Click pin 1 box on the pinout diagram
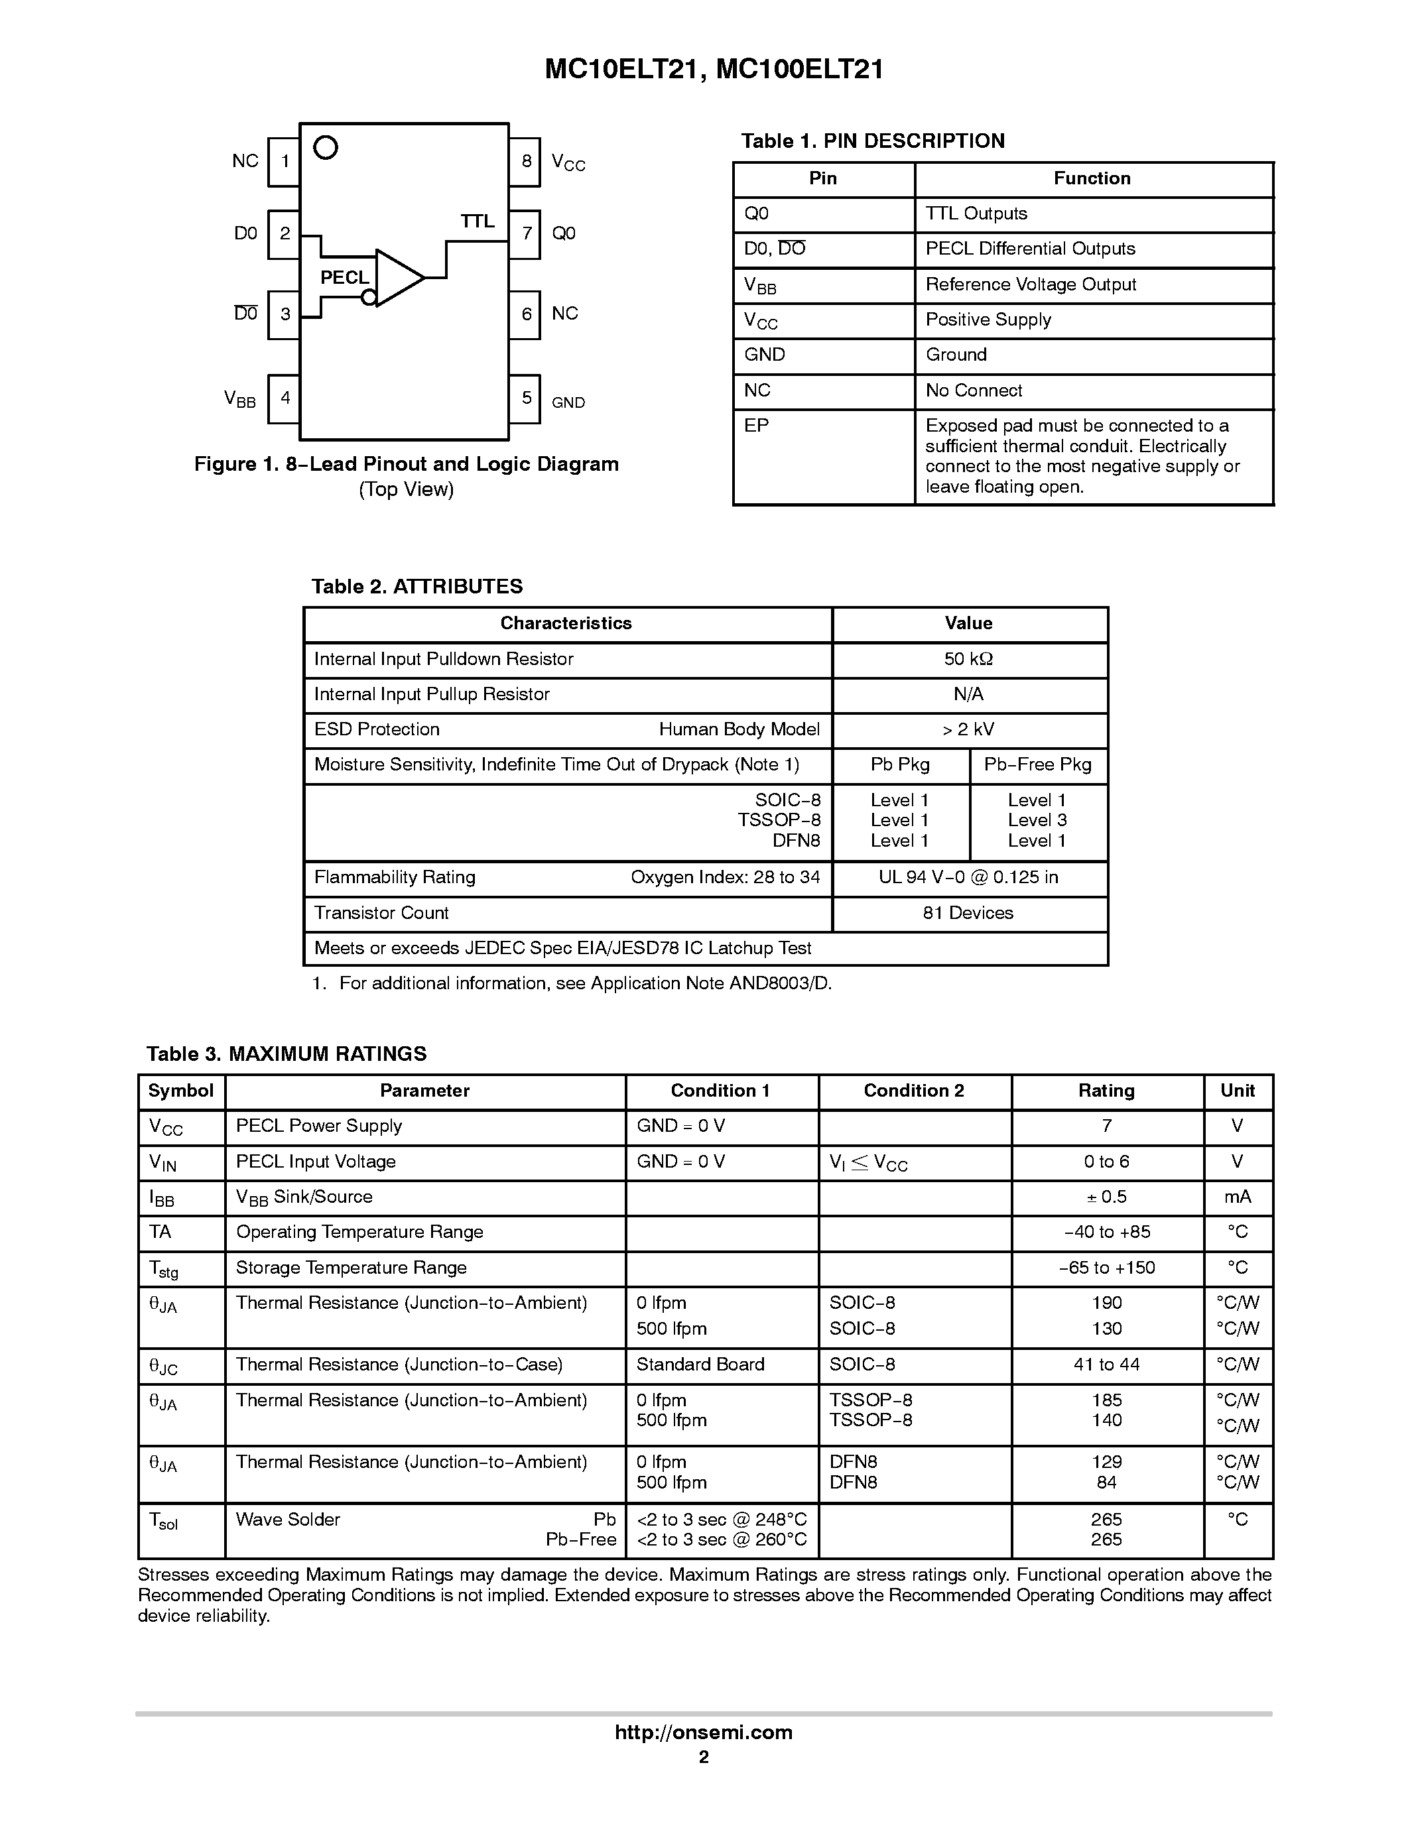pyautogui.click(x=284, y=161)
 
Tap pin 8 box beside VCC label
pyautogui.click(x=525, y=161)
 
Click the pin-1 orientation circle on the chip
pyautogui.click(x=325, y=148)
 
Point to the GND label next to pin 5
pyautogui.click(x=568, y=402)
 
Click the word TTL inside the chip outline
pyautogui.click(x=477, y=221)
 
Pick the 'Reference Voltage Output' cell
pyautogui.click(x=1030, y=285)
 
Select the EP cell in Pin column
pyautogui.click(x=756, y=426)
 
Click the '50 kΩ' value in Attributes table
pyautogui.click(x=968, y=659)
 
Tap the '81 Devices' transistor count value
pyautogui.click(x=968, y=913)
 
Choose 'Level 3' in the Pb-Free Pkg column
pyautogui.click(x=1037, y=820)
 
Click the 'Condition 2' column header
pyautogui.click(x=913, y=1091)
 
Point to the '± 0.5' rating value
pyautogui.click(x=1106, y=1197)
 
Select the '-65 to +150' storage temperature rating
pyautogui.click(x=1106, y=1268)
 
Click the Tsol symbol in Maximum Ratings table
pyautogui.click(x=163, y=1521)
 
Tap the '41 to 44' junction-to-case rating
pyautogui.click(x=1106, y=1365)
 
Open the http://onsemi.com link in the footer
pyautogui.click(x=703, y=1732)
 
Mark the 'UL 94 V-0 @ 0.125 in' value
pyautogui.click(x=968, y=877)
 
